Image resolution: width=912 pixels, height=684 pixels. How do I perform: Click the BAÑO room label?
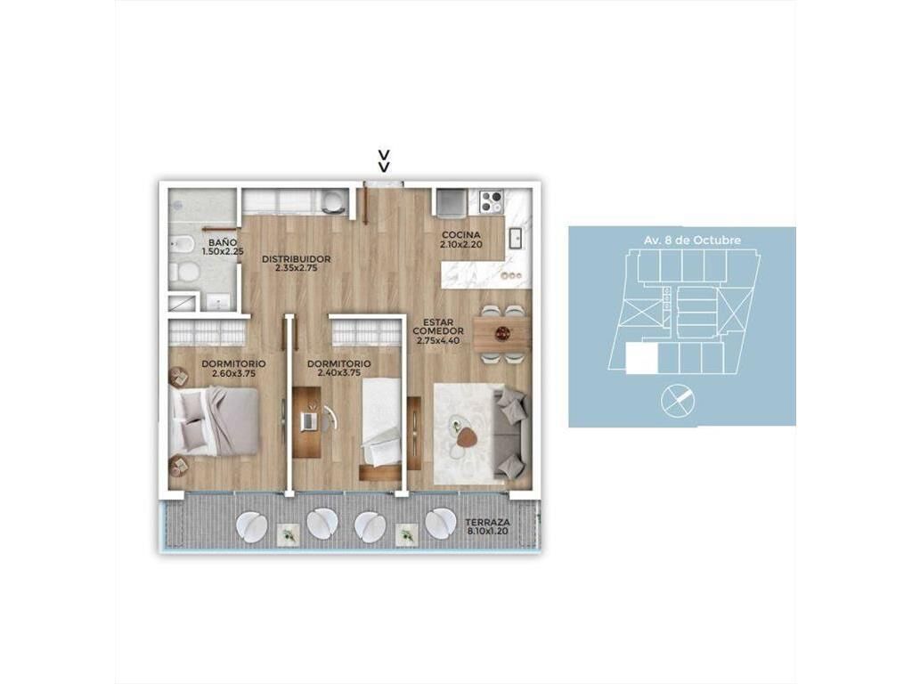223,242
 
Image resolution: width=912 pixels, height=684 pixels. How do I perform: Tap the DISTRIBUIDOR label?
296,259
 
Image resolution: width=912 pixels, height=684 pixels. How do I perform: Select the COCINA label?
462,235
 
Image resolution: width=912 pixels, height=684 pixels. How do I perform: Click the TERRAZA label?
491,522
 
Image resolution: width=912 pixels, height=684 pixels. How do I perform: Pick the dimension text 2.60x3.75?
234,373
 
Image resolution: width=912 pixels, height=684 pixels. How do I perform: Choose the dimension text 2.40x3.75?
339,373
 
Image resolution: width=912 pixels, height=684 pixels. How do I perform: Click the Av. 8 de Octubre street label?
693,240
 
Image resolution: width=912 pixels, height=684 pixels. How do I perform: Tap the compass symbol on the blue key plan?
678,402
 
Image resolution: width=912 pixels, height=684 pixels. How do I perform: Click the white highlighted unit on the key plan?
641,358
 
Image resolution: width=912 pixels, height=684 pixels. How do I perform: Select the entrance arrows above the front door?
384,161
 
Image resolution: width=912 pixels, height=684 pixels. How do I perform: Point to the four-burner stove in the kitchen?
491,202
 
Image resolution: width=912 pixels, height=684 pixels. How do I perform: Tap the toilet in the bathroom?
186,273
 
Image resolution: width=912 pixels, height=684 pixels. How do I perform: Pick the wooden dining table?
501,333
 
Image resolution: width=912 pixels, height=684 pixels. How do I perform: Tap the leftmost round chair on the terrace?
252,527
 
